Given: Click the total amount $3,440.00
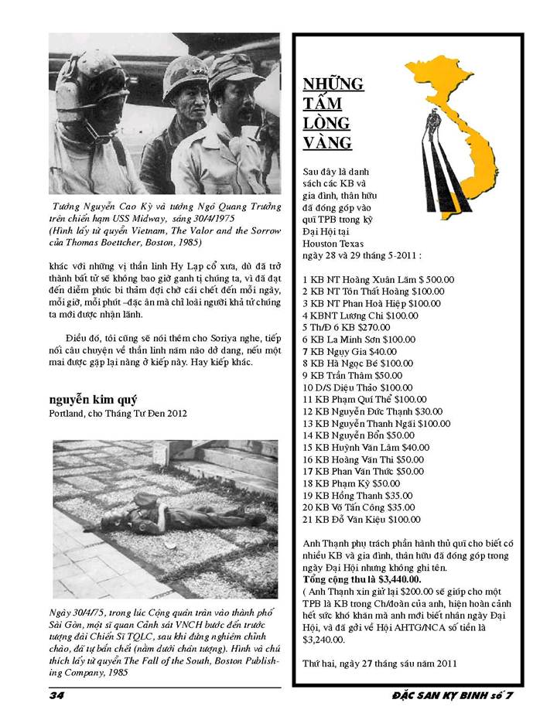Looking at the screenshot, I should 395,578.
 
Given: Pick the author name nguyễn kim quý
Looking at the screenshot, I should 92,399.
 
